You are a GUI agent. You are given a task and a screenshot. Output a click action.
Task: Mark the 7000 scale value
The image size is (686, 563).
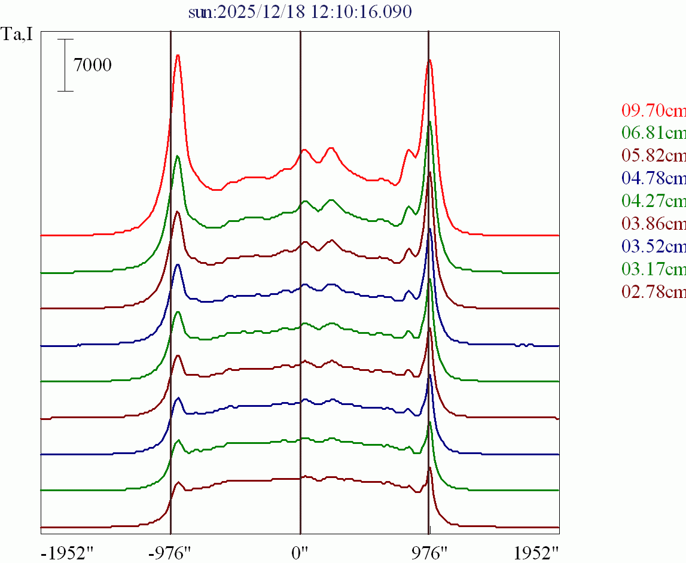[x=93, y=65]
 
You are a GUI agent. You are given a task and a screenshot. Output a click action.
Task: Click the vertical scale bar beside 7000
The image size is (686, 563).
[x=65, y=65]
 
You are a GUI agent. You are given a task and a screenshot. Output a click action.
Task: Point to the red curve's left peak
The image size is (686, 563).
[x=178, y=56]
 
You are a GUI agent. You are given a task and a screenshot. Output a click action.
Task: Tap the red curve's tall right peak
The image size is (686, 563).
[x=429, y=60]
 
